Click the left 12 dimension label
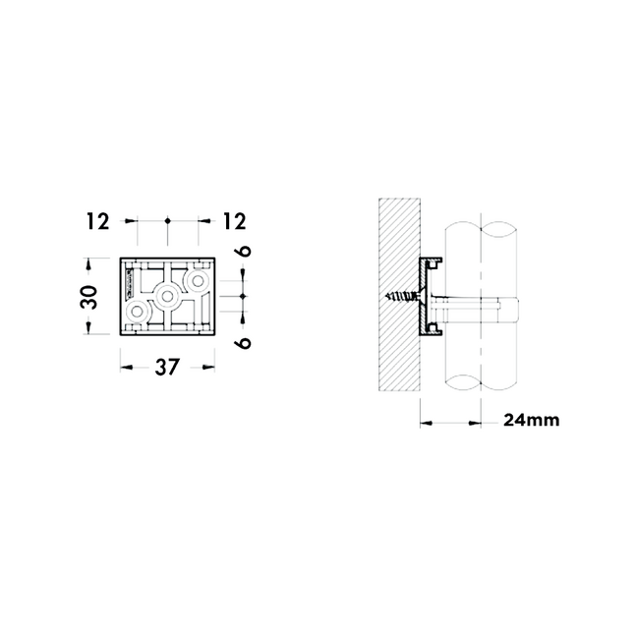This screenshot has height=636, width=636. (x=97, y=221)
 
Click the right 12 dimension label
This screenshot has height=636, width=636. (x=234, y=221)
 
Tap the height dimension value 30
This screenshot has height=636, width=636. (x=89, y=297)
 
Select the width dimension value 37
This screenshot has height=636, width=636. (x=167, y=367)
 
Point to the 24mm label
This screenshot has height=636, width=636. (x=532, y=420)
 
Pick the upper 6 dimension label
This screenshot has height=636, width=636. (x=243, y=251)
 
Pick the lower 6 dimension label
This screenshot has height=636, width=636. (x=243, y=343)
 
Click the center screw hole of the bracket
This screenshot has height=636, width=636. (x=166, y=296)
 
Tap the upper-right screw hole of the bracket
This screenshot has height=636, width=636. (x=198, y=281)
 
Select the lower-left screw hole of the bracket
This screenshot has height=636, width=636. (x=137, y=312)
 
